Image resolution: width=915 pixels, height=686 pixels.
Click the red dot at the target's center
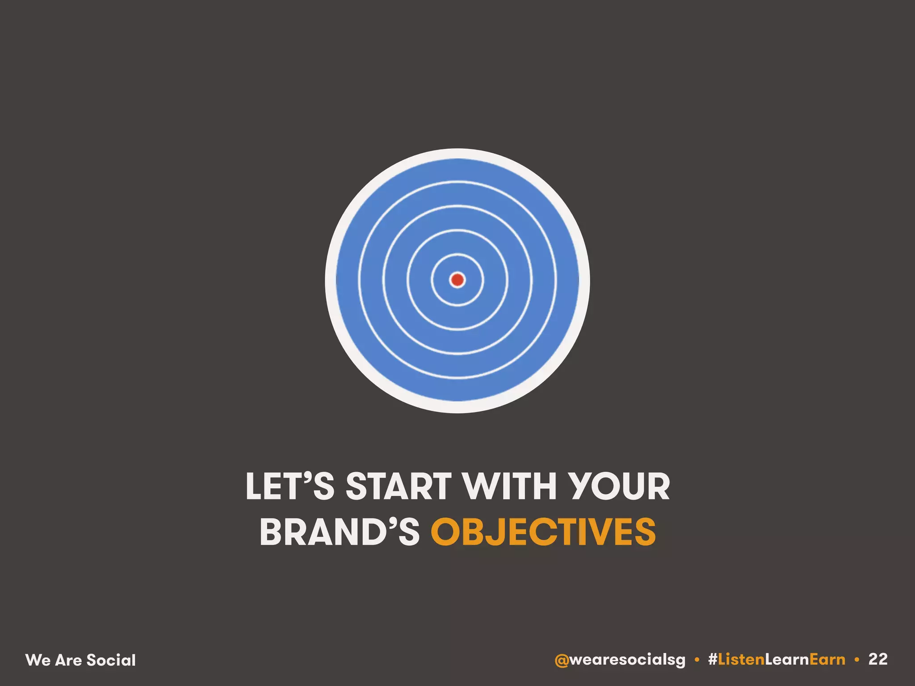[457, 280]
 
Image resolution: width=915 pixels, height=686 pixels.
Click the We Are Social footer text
[81, 660]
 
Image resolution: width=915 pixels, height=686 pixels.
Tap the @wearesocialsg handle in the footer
[620, 660]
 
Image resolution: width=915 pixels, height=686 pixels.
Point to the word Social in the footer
[111, 660]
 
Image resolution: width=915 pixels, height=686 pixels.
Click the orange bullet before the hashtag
[697, 660]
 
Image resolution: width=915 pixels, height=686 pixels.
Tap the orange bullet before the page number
[856, 660]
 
